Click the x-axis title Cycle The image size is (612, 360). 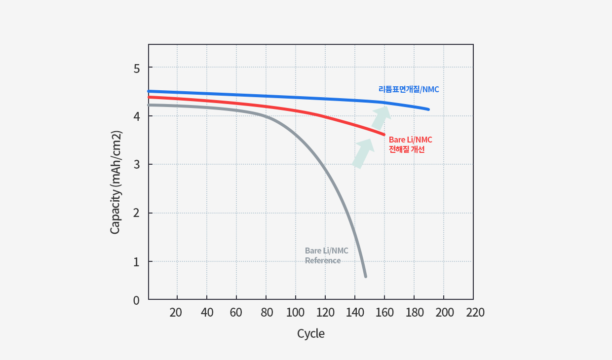click(311, 334)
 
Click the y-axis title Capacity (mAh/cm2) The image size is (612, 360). click(115, 183)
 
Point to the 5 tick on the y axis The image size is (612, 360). click(137, 68)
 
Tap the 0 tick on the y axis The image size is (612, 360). click(137, 300)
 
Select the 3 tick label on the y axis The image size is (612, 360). click(137, 164)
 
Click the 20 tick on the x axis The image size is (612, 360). click(176, 313)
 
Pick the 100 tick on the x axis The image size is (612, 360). click(295, 313)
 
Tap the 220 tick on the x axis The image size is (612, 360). click(474, 313)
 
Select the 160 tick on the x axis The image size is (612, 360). click(384, 313)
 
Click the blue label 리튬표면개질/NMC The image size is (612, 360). click(409, 90)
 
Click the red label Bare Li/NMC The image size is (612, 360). click(410, 140)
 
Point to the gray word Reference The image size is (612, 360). click(323, 260)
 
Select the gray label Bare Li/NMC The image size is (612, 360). click(326, 251)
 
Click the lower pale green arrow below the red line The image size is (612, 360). click(363, 152)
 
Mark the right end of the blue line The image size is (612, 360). click(428, 109)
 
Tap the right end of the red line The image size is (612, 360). click(383, 134)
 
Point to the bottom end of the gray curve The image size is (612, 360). click(365, 276)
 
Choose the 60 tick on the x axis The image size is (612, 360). click(236, 313)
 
